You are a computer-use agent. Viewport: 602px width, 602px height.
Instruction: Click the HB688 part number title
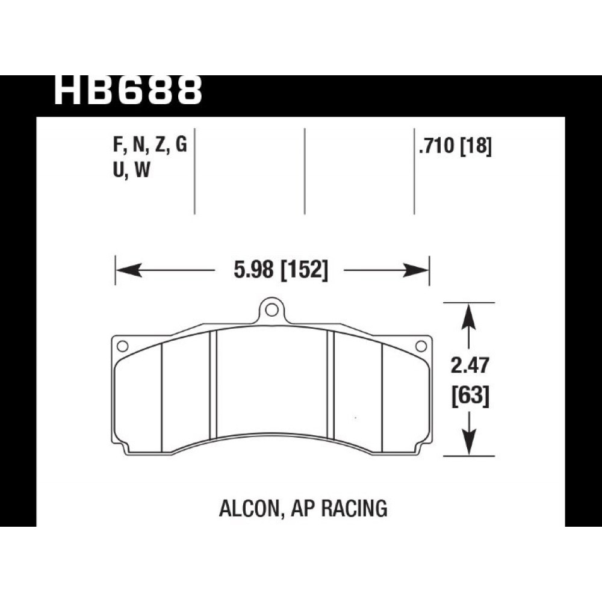point(128,91)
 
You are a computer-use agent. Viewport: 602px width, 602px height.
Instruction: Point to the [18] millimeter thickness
point(476,146)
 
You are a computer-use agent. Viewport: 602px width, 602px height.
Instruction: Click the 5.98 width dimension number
point(253,270)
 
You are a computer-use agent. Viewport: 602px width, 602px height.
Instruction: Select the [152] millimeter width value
point(305,270)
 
